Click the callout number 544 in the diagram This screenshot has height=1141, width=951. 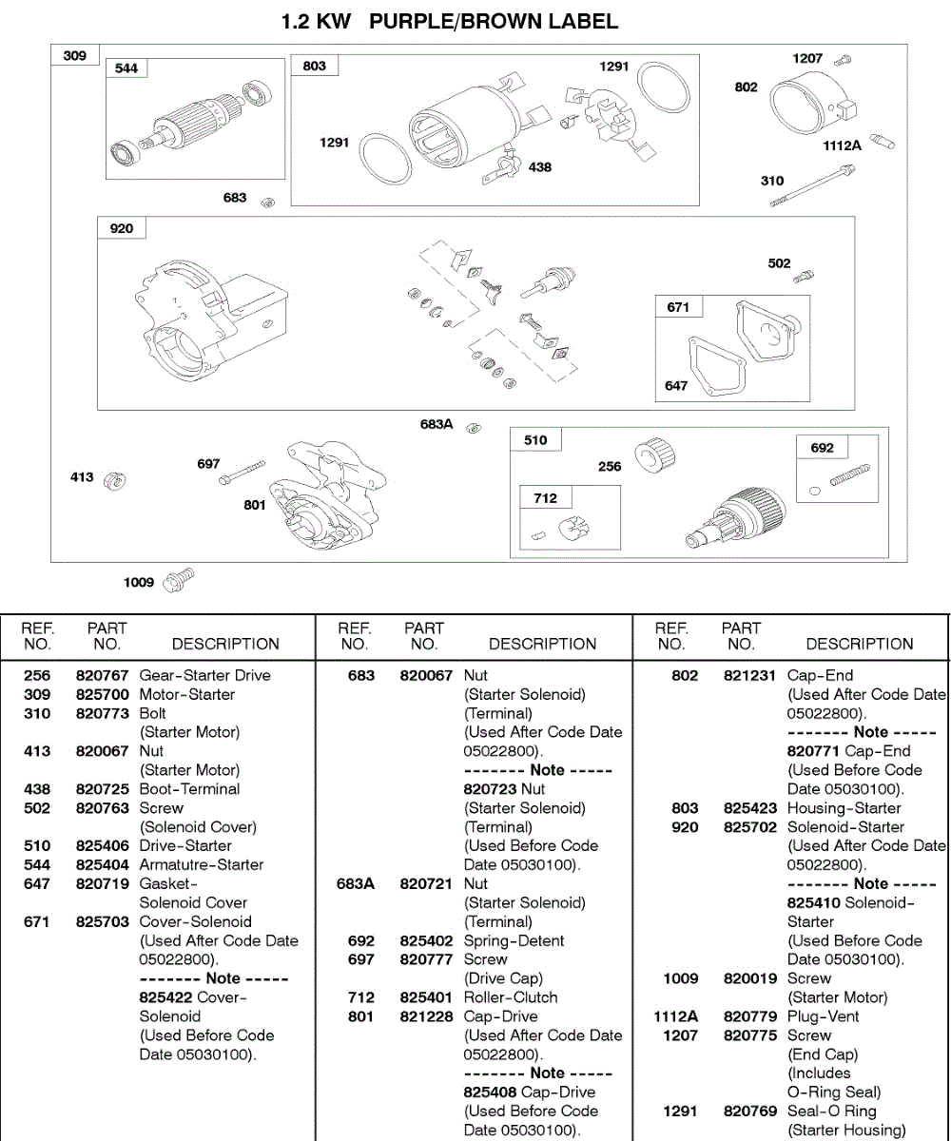[x=126, y=68]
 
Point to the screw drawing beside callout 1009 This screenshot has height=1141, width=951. [x=179, y=578]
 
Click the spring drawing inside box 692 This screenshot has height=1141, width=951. [x=849, y=474]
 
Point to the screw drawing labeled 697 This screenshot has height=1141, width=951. [x=242, y=472]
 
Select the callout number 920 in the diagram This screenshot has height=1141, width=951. [x=122, y=228]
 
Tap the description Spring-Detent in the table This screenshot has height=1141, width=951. [x=514, y=940]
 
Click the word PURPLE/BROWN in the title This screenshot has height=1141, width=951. [x=494, y=21]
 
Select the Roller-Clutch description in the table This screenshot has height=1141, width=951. [x=511, y=997]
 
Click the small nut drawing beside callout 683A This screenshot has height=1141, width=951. [x=473, y=429]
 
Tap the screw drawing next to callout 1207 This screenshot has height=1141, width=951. [x=843, y=61]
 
